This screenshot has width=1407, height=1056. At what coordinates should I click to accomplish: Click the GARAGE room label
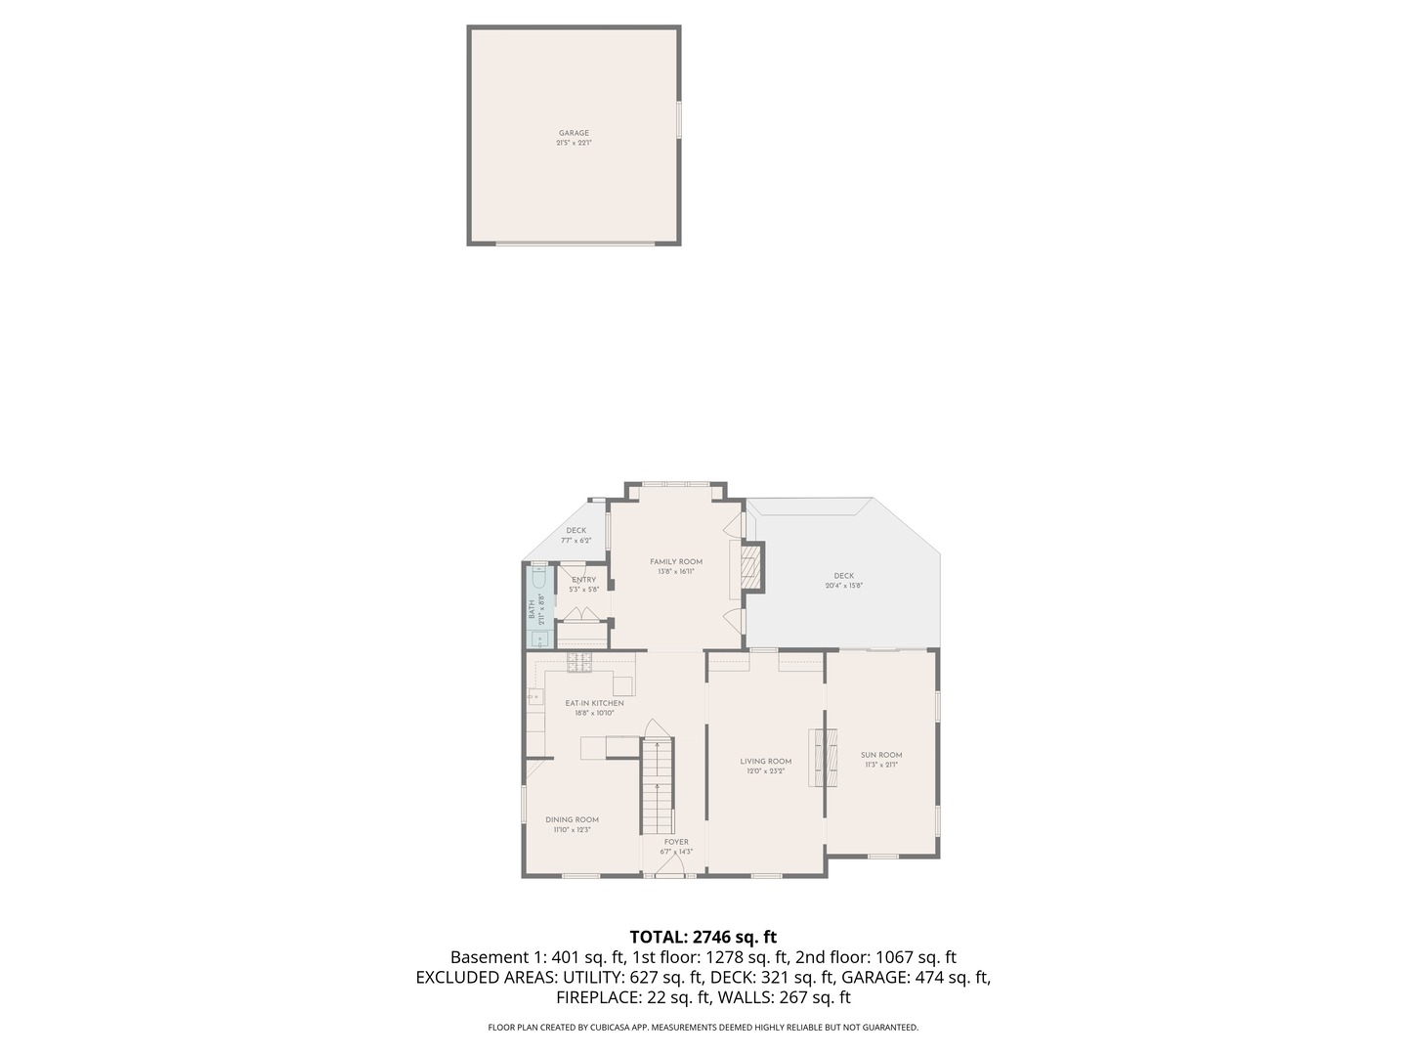click(574, 133)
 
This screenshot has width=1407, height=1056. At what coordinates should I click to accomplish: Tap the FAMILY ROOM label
click(676, 561)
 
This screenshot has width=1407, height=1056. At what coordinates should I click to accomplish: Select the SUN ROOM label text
click(881, 755)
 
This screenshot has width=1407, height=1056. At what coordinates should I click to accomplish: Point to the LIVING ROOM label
click(765, 761)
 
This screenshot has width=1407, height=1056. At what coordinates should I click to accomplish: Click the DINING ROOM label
click(572, 819)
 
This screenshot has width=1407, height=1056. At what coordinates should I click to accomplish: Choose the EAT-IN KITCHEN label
click(594, 703)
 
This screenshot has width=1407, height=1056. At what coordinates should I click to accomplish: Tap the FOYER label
click(676, 842)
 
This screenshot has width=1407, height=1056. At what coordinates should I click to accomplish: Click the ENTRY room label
click(583, 580)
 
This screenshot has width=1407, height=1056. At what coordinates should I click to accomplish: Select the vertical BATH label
click(533, 609)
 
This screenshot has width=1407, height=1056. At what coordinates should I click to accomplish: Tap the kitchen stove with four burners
click(580, 662)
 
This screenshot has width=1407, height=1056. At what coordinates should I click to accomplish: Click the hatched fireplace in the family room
click(750, 566)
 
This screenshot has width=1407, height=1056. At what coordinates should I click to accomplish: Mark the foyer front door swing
click(669, 867)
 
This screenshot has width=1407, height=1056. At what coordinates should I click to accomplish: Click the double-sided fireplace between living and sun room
click(824, 757)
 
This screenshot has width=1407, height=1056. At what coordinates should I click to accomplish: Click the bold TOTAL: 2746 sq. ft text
click(703, 937)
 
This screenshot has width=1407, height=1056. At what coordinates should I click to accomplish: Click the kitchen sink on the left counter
click(535, 696)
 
